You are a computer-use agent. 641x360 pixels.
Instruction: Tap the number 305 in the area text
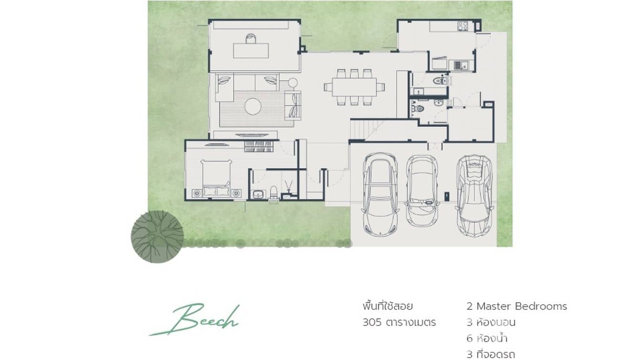pos(372,322)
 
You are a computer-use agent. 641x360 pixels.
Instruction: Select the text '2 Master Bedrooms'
pos(517,306)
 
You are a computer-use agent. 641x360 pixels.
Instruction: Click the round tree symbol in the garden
pos(157,237)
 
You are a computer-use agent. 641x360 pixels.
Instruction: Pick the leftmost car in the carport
pos(380,193)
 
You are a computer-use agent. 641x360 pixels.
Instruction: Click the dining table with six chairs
pos(354,87)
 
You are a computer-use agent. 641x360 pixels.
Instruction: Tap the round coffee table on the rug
pos(253,106)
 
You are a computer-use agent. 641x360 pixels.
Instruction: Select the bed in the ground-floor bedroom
pos(216,179)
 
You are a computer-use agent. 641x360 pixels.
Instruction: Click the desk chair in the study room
pos(251,39)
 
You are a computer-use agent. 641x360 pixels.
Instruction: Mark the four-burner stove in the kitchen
pos(462,26)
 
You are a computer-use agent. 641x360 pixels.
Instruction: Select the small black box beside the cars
pos(447,195)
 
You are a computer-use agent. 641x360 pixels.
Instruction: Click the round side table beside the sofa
pos(292,83)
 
